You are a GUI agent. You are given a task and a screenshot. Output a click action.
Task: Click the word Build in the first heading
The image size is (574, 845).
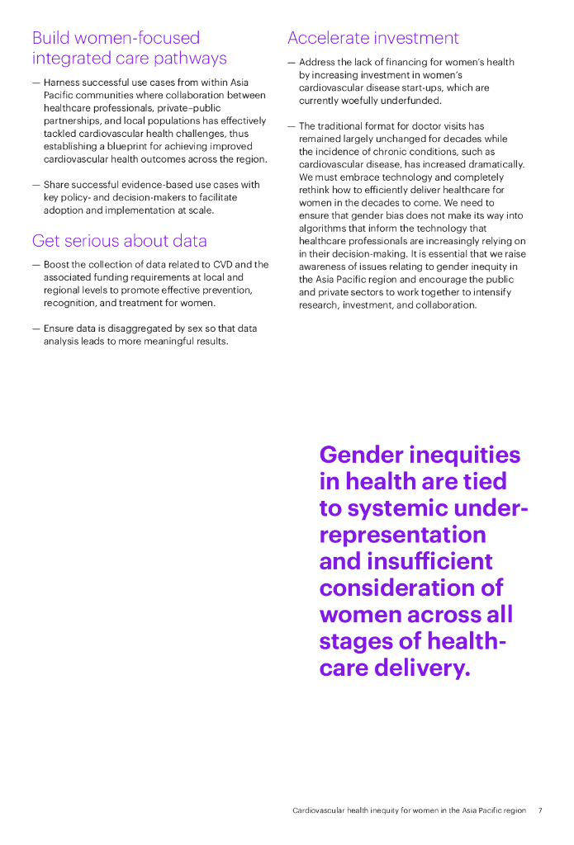[50, 38]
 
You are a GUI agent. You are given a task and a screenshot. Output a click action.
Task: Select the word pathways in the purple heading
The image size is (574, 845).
[189, 59]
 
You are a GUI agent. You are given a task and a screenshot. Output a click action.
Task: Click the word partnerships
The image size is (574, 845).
[71, 121]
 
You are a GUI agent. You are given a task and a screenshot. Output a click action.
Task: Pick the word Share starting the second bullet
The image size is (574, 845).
[57, 185]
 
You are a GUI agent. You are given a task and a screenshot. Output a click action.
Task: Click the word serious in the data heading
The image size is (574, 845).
[94, 241]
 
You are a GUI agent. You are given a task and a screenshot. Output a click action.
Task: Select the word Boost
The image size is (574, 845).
[57, 265]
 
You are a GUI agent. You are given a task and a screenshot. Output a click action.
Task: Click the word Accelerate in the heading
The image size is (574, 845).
[329, 38]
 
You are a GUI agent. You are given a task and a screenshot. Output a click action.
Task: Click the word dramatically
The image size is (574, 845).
[494, 164]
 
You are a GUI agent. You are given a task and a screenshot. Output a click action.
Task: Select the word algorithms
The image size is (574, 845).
[324, 229]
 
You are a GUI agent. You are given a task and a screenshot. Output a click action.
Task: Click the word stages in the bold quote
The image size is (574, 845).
[358, 641]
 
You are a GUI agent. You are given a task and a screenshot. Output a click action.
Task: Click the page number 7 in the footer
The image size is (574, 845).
[540, 810]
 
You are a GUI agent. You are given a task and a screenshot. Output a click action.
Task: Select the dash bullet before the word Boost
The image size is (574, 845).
[36, 265]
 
